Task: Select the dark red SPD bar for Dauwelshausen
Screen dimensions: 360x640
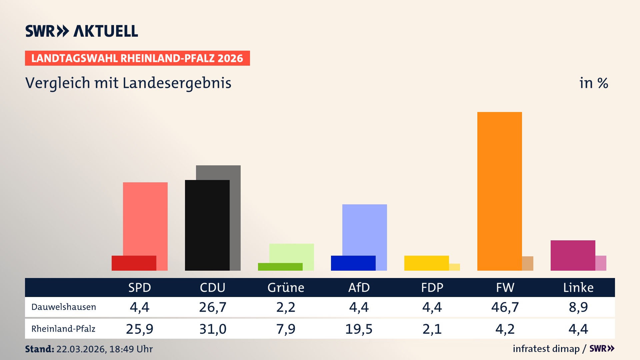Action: coord(134,263)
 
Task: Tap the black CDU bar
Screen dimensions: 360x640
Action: coord(207,225)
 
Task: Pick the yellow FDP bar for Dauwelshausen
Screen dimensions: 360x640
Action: coord(426,263)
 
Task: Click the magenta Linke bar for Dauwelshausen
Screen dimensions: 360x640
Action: coord(573,255)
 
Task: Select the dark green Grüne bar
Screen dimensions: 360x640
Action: coord(280,267)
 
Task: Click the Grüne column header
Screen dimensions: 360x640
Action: coord(286,287)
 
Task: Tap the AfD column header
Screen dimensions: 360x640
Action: coord(359,287)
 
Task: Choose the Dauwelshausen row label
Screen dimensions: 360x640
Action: coord(64,307)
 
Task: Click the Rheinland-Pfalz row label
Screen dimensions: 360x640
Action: coord(63,329)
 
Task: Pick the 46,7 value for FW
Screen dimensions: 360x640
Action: coord(505,307)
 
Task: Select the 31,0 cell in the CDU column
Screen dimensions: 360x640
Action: coord(213,329)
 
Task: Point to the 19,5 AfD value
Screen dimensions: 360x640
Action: coord(359,329)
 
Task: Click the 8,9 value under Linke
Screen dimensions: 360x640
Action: coord(578,307)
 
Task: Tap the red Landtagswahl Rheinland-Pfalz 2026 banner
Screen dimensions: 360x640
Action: coord(137,58)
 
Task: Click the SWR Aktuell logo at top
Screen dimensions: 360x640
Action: coord(82,31)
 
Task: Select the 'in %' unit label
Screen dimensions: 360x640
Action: coord(593,83)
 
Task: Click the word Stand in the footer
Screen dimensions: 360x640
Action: coord(39,349)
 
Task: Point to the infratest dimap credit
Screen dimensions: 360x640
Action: coord(546,349)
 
